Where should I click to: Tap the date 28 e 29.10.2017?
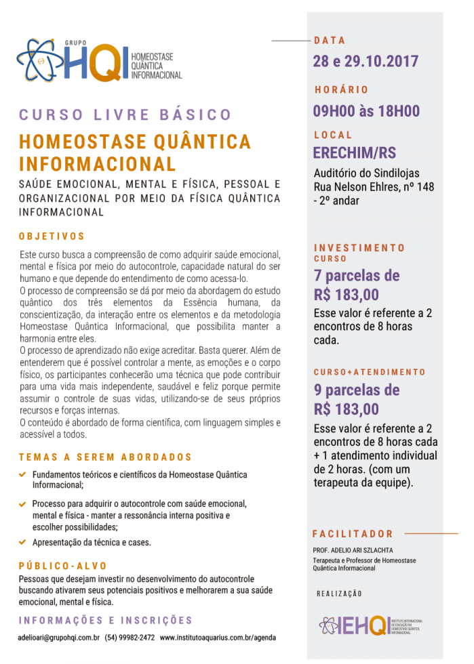click(x=366, y=62)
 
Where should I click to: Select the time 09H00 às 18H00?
click(x=366, y=111)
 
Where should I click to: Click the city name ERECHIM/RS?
click(x=354, y=152)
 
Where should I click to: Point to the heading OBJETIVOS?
click(x=52, y=236)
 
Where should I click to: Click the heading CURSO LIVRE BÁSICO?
click(x=125, y=115)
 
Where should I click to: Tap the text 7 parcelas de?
click(x=356, y=276)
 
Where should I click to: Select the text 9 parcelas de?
click(x=356, y=390)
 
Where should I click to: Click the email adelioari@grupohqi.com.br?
click(x=59, y=638)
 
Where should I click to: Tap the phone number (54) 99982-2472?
click(x=130, y=638)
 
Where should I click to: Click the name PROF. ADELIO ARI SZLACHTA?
click(x=353, y=550)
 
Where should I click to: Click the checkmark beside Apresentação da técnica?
click(x=23, y=542)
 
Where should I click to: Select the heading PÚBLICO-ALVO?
click(x=62, y=566)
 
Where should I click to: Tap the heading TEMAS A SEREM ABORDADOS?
click(x=105, y=457)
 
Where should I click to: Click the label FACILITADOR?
click(x=353, y=534)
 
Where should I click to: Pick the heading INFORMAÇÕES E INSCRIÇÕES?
click(x=105, y=620)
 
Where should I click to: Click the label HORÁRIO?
click(x=341, y=89)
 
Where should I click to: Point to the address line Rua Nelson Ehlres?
click(x=374, y=186)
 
